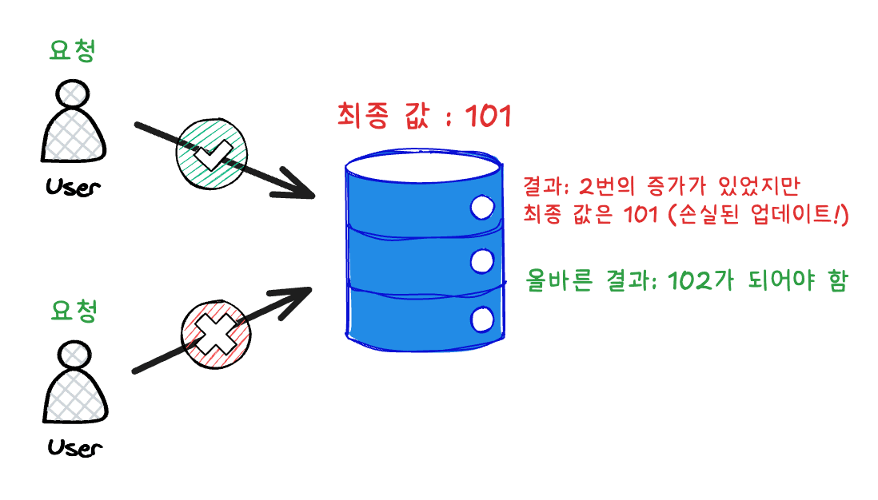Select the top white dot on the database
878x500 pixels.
(x=481, y=208)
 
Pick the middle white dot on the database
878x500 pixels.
(x=481, y=260)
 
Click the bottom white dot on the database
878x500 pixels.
(x=481, y=319)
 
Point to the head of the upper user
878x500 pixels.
(x=74, y=93)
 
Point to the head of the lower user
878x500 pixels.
(x=74, y=352)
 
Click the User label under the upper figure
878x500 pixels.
(x=74, y=188)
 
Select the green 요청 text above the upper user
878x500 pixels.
(x=74, y=51)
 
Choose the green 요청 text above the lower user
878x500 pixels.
(x=74, y=311)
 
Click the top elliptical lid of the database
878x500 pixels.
(x=423, y=166)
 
